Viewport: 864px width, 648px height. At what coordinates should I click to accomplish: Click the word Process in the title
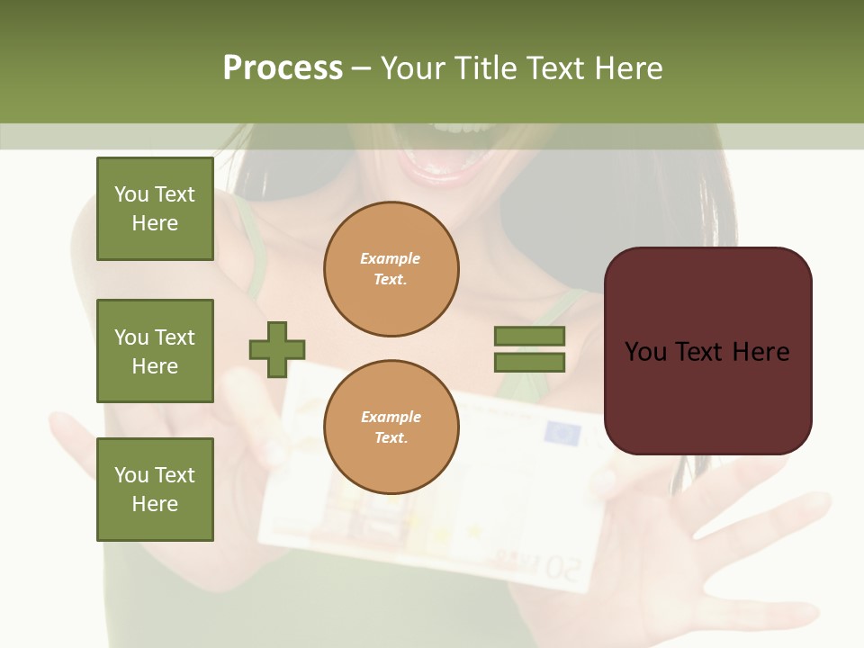(x=283, y=68)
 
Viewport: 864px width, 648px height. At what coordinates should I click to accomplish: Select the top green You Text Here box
(x=155, y=209)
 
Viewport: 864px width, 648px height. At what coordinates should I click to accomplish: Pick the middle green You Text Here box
(x=155, y=351)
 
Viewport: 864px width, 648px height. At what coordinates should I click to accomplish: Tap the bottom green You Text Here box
(x=155, y=490)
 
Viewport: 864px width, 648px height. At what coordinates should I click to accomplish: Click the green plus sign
(x=277, y=349)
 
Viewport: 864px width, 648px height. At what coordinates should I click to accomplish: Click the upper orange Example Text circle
(x=391, y=269)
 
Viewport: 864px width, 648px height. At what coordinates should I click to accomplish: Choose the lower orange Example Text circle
(x=391, y=427)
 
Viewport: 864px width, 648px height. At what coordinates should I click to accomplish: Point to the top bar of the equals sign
(x=529, y=336)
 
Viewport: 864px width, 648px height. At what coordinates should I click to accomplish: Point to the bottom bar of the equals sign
(x=529, y=363)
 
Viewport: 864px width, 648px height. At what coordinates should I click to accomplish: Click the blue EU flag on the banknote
(x=563, y=435)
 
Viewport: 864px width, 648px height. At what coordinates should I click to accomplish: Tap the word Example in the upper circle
(x=391, y=258)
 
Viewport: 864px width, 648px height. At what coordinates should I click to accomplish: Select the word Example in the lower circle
(x=391, y=417)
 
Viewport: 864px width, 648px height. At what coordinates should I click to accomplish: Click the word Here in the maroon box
(x=761, y=352)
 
